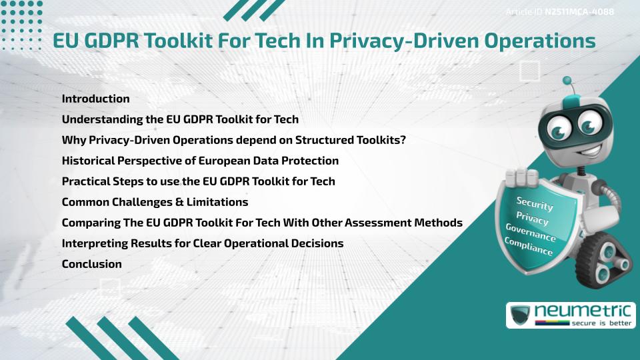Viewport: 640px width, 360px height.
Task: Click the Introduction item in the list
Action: pyautogui.click(x=95, y=99)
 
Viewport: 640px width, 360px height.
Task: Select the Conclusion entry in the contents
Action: pyautogui.click(x=91, y=264)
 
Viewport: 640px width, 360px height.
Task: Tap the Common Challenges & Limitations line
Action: pyautogui.click(x=155, y=202)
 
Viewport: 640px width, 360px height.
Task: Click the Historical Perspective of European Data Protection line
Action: pyautogui.click(x=200, y=161)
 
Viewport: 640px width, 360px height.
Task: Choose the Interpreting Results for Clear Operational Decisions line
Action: pyautogui.click(x=203, y=243)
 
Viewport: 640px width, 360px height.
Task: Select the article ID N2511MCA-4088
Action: pyautogui.click(x=579, y=12)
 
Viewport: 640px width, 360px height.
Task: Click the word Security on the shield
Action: pyautogui.click(x=534, y=204)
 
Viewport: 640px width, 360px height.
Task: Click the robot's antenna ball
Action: pyautogui.click(x=567, y=81)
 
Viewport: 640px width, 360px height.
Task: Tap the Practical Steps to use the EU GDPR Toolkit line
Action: pyautogui.click(x=198, y=181)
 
